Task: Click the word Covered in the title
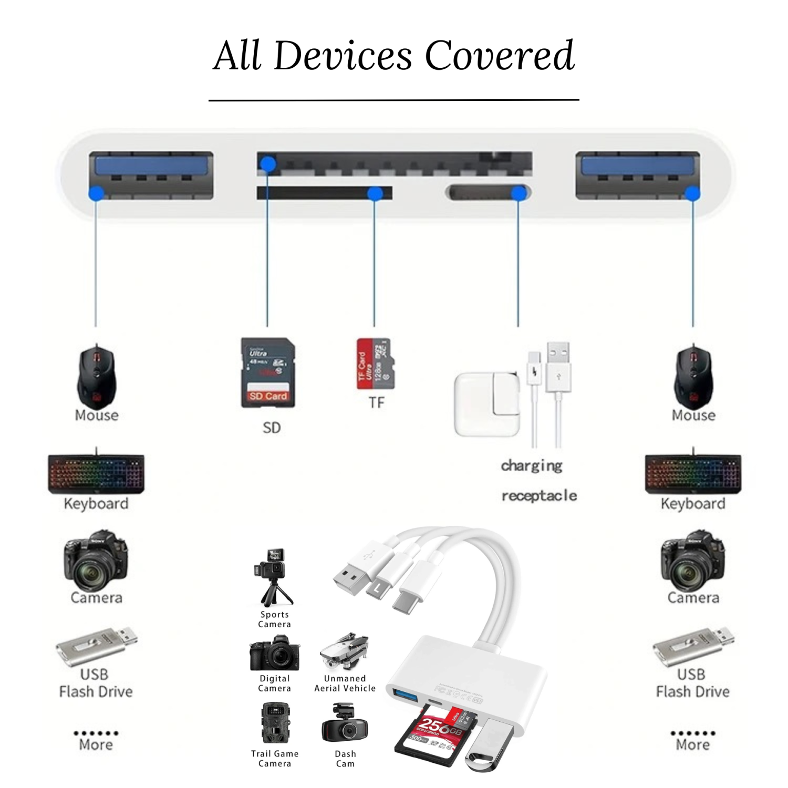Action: click(x=499, y=56)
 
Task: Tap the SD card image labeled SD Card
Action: click(x=268, y=372)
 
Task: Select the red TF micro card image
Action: click(x=374, y=364)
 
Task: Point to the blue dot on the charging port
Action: click(x=519, y=193)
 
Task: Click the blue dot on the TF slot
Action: click(x=375, y=193)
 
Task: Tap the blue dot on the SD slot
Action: click(x=268, y=164)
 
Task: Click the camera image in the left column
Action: click(x=96, y=561)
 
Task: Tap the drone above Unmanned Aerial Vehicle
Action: click(x=345, y=652)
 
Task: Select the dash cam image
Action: click(x=345, y=725)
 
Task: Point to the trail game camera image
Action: click(x=274, y=723)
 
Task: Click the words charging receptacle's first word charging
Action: click(x=532, y=465)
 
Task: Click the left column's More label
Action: click(x=96, y=744)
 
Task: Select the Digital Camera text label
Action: click(x=274, y=683)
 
